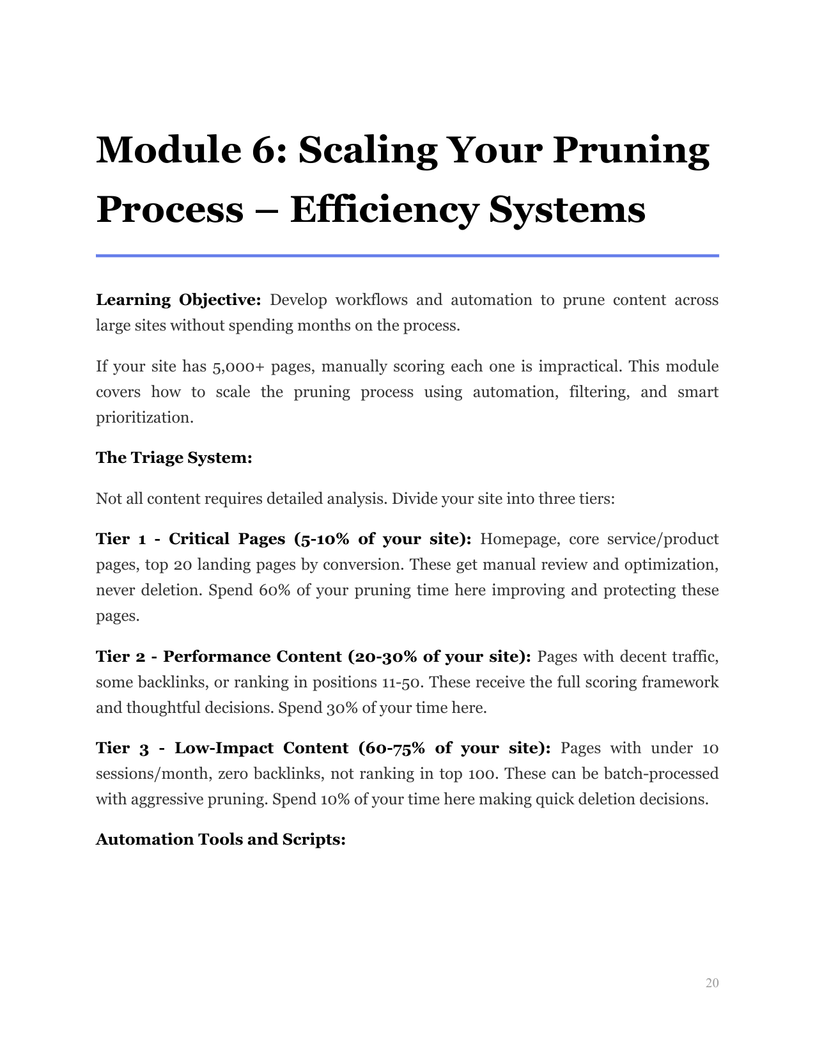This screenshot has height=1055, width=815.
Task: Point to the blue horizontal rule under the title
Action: [407, 256]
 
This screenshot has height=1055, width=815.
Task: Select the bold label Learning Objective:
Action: [178, 300]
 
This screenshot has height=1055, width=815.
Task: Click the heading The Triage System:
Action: [174, 458]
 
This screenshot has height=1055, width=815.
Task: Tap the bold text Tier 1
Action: [120, 539]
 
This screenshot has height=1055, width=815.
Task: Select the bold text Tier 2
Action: [121, 657]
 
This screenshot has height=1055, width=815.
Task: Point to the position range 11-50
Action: [401, 682]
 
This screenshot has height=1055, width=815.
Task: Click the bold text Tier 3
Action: [122, 748]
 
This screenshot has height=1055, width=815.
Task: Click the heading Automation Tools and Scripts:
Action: [221, 840]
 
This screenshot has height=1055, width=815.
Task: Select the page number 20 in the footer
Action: [711, 983]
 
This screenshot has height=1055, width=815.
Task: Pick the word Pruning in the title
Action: [630, 150]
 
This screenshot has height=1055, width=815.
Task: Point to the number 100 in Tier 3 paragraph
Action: [483, 774]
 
